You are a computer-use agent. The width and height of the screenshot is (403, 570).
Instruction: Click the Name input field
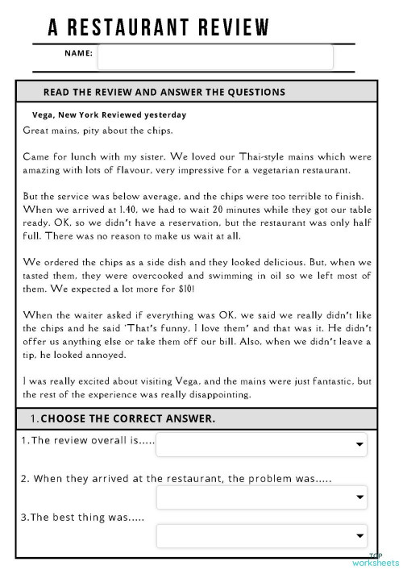[x=214, y=56]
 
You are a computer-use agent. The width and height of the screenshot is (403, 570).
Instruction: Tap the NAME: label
[x=78, y=54]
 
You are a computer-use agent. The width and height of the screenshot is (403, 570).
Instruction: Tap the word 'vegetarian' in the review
[x=274, y=170]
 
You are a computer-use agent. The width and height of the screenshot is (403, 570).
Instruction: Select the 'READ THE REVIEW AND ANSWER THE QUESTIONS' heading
[x=164, y=92]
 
